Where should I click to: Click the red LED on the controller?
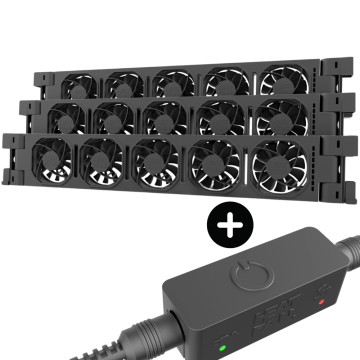click(322, 298)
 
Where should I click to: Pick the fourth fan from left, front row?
click(213, 162)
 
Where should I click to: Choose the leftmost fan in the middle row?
click(67, 118)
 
